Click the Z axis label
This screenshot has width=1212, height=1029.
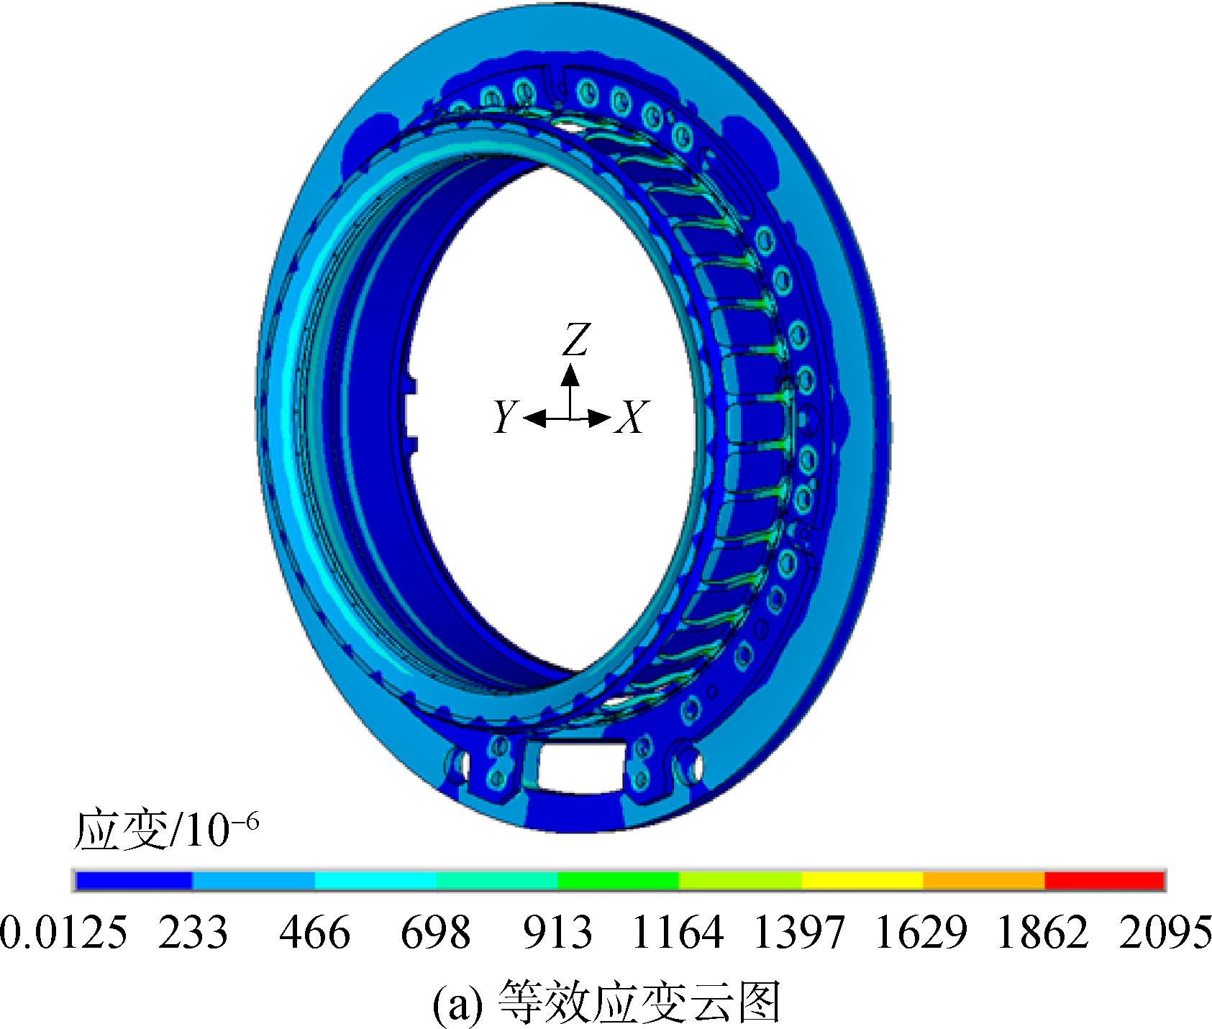575,339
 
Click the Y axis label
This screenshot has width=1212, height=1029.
506,417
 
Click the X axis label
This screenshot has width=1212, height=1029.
630,417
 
